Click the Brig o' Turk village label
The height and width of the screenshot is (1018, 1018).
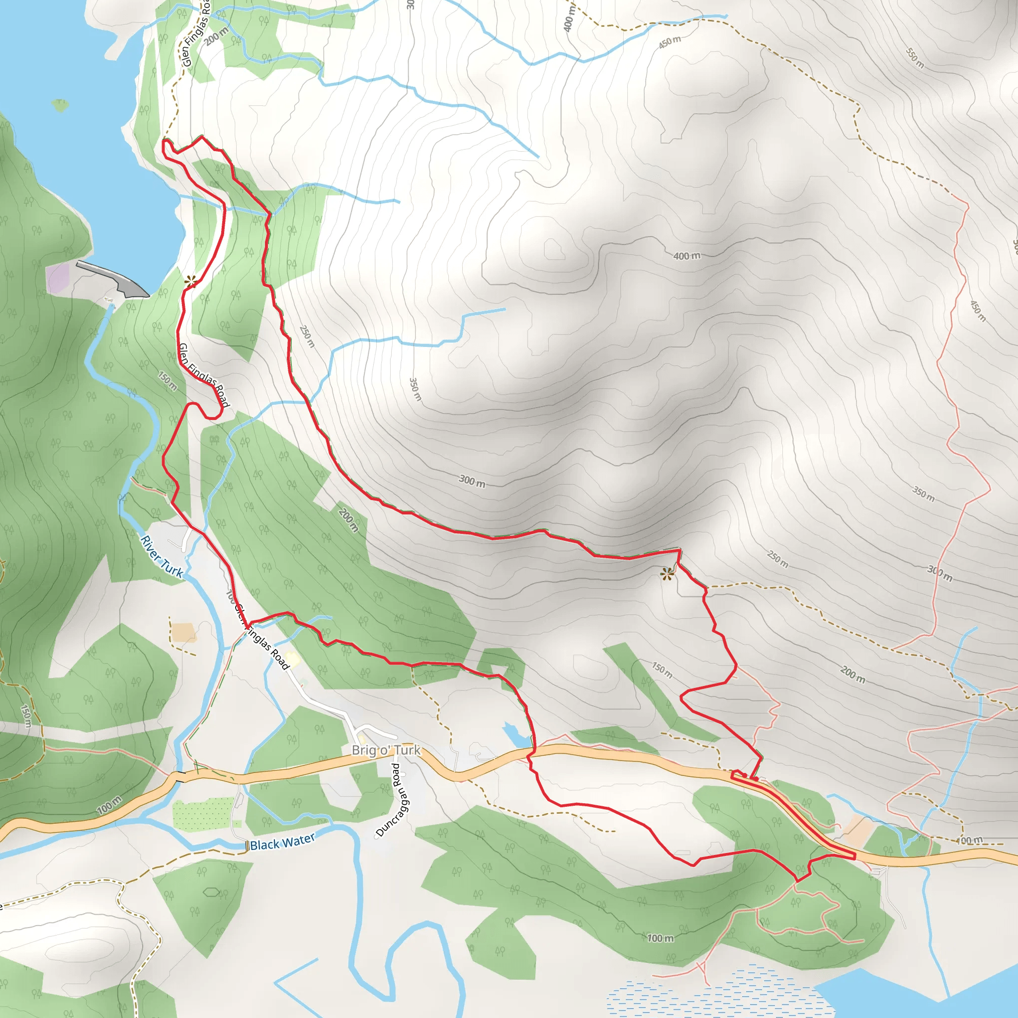tap(386, 750)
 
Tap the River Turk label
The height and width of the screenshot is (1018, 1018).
tap(162, 556)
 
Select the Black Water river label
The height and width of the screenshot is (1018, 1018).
tap(282, 842)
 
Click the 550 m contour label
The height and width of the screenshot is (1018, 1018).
tap(915, 58)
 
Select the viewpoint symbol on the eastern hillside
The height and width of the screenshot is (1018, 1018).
tap(668, 574)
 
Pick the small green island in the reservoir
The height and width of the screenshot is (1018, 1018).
tap(61, 105)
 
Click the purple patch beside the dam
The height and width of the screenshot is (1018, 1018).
tap(58, 277)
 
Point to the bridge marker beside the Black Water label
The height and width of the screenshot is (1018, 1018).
tap(247, 846)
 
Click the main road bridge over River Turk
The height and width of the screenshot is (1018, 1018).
tap(177, 775)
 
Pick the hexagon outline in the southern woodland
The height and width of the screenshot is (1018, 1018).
tap(211, 892)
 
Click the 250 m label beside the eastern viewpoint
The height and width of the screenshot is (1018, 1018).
tap(777, 559)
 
